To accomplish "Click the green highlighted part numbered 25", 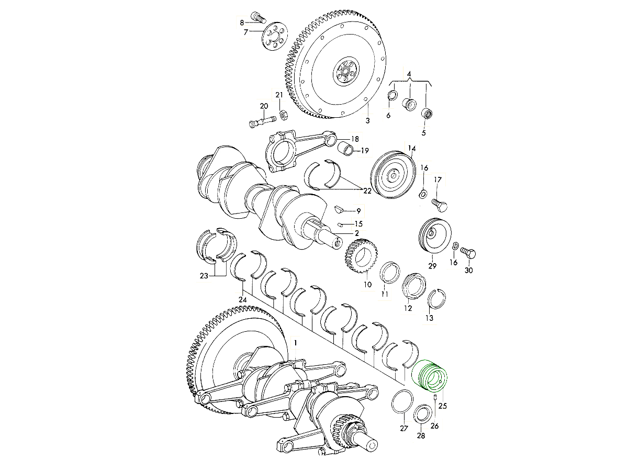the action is [429, 376].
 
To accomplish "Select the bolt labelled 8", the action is [258, 17].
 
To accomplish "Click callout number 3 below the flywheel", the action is [368, 120].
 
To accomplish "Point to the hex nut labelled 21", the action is [283, 115].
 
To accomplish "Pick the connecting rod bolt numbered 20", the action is [262, 121].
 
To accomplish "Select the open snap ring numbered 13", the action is [436, 298].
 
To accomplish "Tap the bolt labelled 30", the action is [468, 253].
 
